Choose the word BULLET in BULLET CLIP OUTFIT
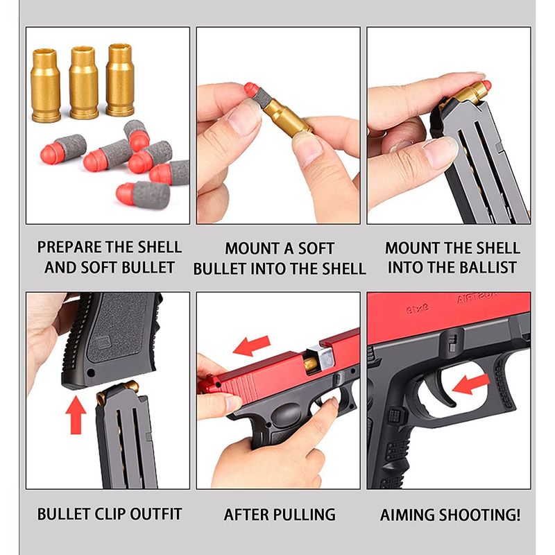(x=63, y=514)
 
